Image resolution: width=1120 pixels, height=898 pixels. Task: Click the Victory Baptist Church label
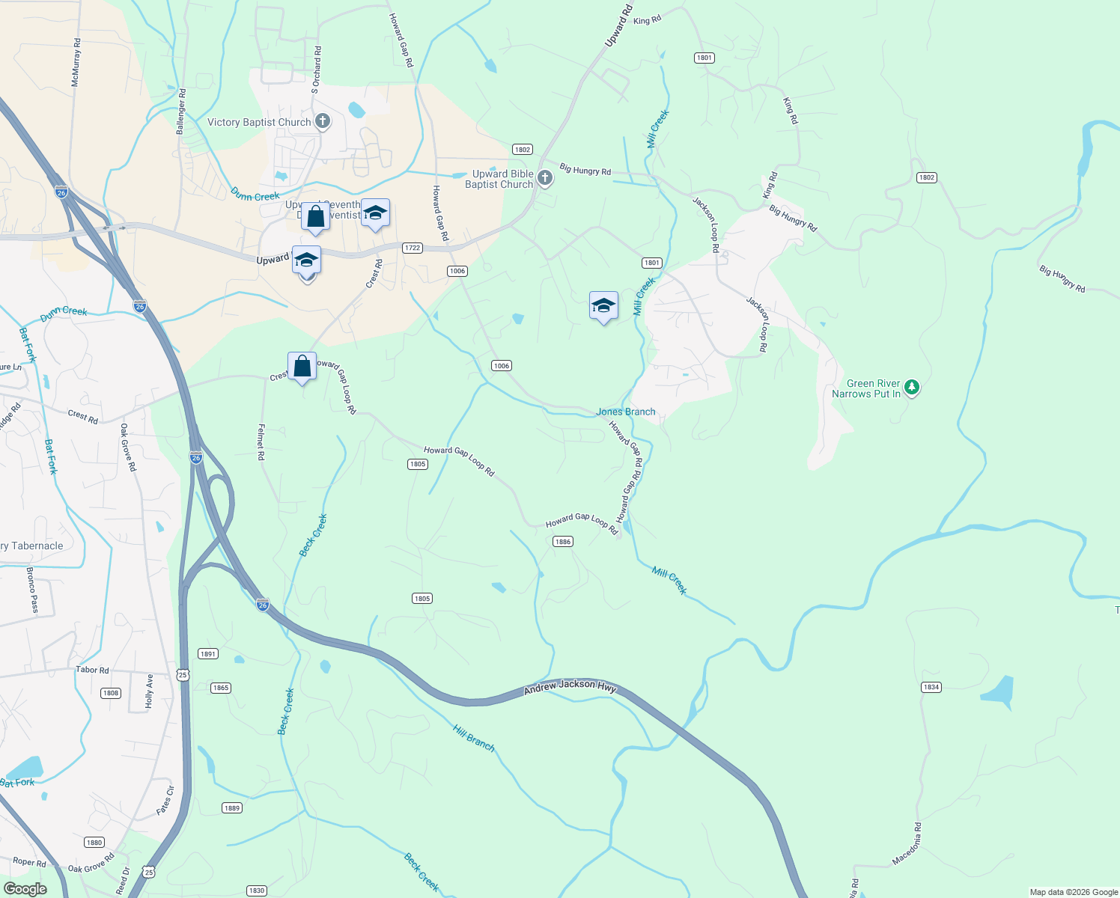[x=258, y=122]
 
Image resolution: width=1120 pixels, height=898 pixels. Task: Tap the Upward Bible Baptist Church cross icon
[x=545, y=178]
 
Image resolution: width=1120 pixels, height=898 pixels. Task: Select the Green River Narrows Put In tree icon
[x=911, y=387]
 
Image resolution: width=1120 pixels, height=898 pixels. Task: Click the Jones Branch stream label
[x=625, y=412]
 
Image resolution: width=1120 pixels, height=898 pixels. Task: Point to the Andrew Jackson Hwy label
[x=570, y=685]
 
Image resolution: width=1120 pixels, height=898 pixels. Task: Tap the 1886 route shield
[x=562, y=542]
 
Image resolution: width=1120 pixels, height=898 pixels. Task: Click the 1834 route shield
[x=931, y=687]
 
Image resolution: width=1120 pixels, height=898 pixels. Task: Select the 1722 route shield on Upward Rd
[x=413, y=248]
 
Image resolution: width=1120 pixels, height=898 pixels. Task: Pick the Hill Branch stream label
[x=473, y=738]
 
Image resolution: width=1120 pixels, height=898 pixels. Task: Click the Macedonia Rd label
[x=907, y=844]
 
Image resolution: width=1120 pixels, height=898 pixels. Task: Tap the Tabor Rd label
[x=92, y=670]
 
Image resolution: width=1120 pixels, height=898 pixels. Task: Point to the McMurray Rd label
[x=76, y=63]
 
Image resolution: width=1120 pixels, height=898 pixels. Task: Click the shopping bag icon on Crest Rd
[x=302, y=367]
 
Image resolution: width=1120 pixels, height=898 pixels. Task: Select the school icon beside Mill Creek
[x=603, y=306]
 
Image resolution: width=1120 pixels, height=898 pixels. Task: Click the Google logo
[x=25, y=888]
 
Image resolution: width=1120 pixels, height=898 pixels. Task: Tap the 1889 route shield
[x=232, y=807]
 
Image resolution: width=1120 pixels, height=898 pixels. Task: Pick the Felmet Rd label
[x=261, y=442]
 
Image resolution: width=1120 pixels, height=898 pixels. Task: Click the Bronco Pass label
[x=32, y=590]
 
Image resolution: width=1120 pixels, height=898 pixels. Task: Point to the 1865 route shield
[x=220, y=688]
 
